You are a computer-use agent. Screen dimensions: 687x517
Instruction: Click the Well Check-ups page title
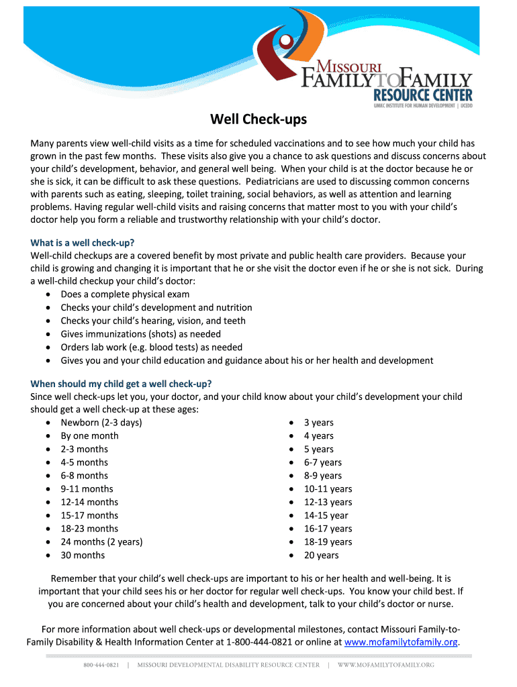[258, 119]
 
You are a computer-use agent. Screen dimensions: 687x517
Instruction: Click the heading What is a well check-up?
[87, 242]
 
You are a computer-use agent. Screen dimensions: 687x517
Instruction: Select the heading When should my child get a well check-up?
[122, 384]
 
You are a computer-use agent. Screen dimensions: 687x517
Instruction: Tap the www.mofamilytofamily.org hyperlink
[401, 642]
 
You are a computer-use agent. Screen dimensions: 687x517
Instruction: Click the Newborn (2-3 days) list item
[101, 423]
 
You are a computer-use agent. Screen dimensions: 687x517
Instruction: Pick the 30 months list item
[83, 555]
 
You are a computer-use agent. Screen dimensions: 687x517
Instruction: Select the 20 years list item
[321, 555]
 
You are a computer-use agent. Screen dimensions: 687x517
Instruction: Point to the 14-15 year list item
[326, 515]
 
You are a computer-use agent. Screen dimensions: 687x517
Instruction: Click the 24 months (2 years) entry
[101, 541]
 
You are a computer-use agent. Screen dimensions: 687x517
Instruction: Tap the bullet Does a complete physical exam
[125, 294]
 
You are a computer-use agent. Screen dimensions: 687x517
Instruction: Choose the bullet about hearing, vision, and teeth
[153, 321]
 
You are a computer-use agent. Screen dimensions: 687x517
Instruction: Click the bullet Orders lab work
[151, 347]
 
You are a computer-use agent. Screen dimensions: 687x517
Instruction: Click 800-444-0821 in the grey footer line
[101, 665]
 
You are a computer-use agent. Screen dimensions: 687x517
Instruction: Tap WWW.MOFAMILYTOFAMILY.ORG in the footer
[385, 665]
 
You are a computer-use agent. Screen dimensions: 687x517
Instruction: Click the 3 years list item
[318, 423]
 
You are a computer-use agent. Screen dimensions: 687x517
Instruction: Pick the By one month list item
[89, 435]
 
